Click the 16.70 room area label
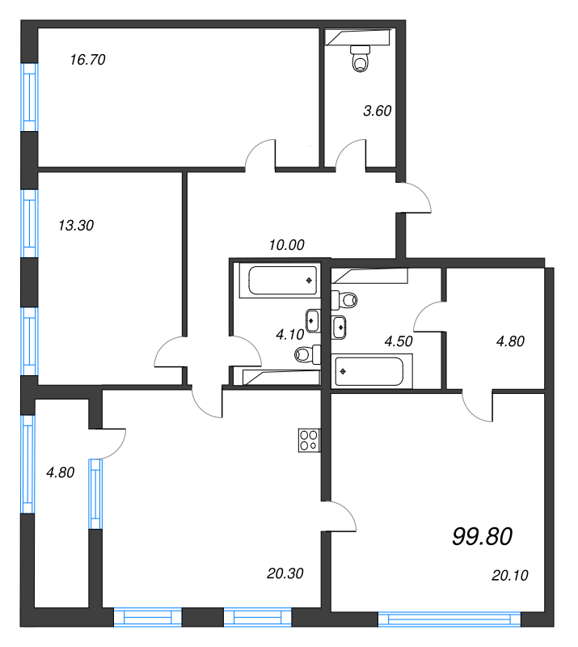(x=88, y=59)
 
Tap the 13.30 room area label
(x=77, y=226)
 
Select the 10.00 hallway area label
(x=287, y=244)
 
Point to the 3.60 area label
(x=377, y=111)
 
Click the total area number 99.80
(x=483, y=535)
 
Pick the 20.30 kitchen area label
(x=285, y=573)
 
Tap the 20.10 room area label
(x=509, y=575)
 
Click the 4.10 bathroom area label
(x=289, y=333)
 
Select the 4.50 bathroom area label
(x=399, y=340)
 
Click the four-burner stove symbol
(x=309, y=438)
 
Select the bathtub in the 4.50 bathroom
(x=367, y=371)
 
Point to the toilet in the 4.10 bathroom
(x=305, y=353)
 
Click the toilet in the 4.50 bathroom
(x=345, y=300)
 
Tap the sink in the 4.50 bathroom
(x=340, y=327)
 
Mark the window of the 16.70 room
(x=29, y=95)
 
